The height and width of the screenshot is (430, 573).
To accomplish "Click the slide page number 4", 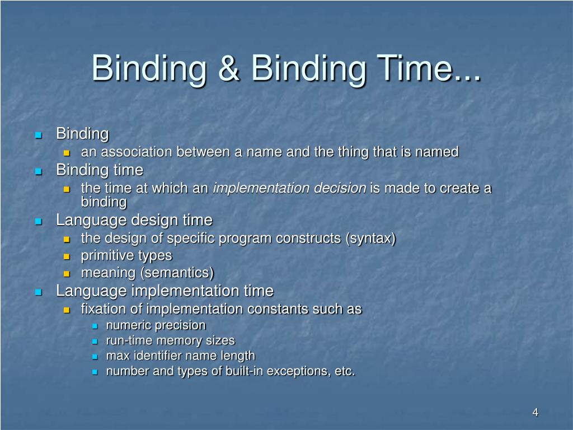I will [535, 413].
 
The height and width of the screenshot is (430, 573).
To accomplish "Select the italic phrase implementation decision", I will [289, 188].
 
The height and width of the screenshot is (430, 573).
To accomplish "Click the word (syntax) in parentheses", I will [370, 239].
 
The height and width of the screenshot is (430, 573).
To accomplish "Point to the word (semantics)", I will [179, 273].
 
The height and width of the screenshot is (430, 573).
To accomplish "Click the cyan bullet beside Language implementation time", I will [39, 292].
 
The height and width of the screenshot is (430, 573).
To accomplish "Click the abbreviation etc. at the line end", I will [344, 371].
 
